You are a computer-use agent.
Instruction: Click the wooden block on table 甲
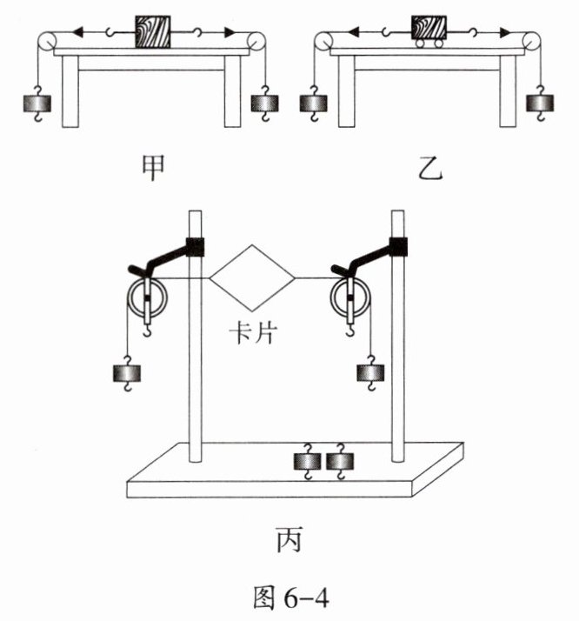point(153,32)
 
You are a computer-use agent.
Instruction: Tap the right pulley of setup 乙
point(531,42)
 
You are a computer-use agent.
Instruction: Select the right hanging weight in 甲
point(265,103)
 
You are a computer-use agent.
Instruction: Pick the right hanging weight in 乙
point(540,103)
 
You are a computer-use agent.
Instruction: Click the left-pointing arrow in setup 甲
point(79,32)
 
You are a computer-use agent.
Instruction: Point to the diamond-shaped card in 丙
point(252,278)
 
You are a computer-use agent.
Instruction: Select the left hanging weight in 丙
point(127,373)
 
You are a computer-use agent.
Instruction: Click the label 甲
point(153,168)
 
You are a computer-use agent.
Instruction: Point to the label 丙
point(289,539)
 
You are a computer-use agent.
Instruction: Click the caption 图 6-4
point(291,598)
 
